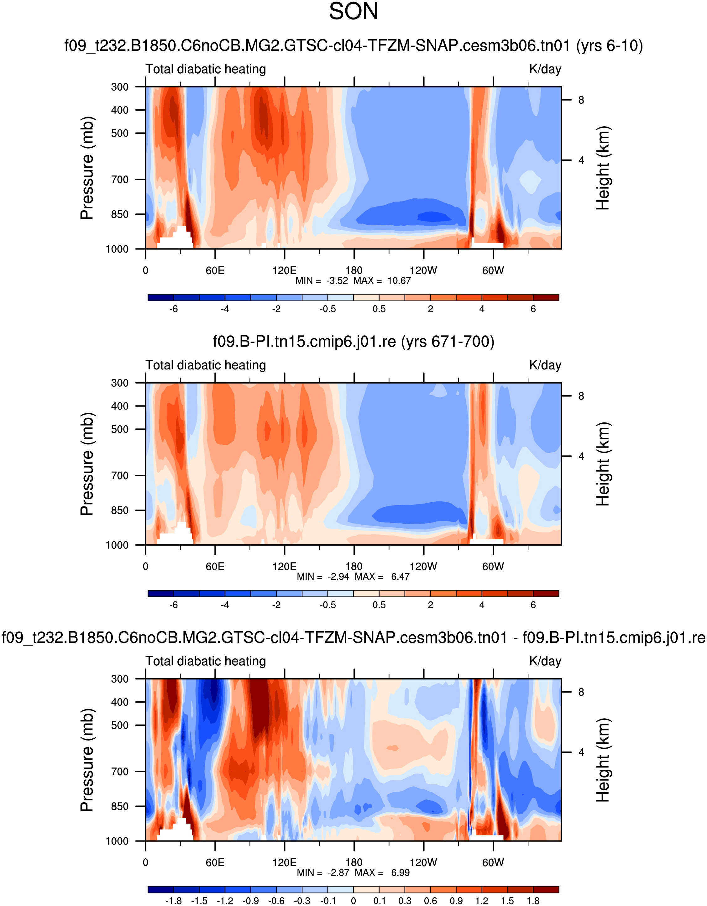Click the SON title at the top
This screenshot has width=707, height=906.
[x=353, y=12]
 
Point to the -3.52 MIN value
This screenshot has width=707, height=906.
[x=337, y=281]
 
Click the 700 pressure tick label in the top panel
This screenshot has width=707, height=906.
[x=120, y=180]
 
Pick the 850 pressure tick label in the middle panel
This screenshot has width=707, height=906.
[x=120, y=510]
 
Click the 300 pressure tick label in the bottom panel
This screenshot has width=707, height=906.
[x=120, y=679]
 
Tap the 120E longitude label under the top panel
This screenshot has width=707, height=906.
[x=284, y=271]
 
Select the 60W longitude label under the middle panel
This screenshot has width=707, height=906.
[x=493, y=567]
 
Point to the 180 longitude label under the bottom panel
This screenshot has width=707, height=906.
[x=354, y=862]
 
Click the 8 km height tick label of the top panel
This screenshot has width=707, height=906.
[x=581, y=100]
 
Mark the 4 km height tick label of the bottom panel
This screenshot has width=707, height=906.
[x=581, y=752]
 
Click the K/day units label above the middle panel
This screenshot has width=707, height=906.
[x=545, y=365]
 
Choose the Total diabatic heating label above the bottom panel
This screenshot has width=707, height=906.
[x=205, y=661]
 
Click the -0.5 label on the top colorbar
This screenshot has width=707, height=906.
[x=327, y=309]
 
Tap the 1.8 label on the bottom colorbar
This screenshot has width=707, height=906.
[x=533, y=901]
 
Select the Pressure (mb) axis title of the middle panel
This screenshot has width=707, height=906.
[x=87, y=464]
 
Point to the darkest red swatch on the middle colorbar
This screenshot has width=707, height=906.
[x=546, y=593]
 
